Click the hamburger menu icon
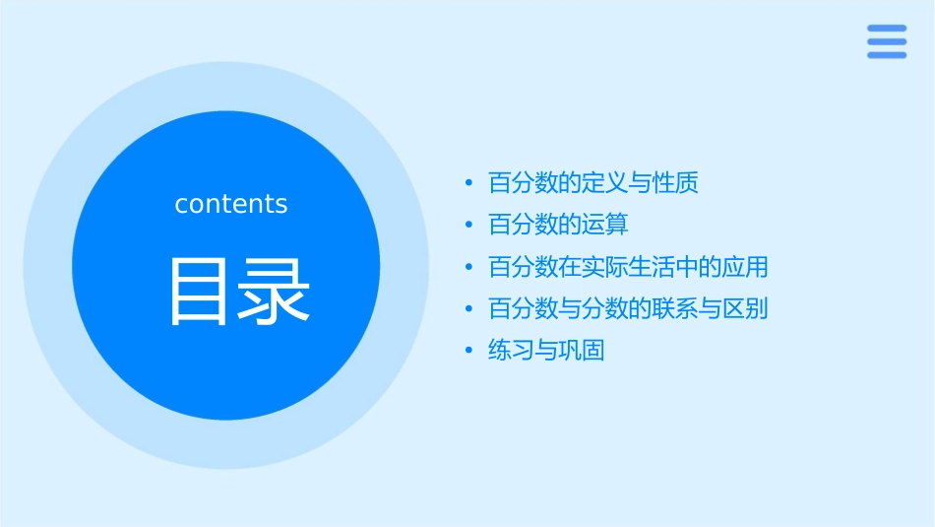(887, 41)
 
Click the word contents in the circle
(231, 204)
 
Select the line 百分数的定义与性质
(592, 183)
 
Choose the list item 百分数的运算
(558, 225)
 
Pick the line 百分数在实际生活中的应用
(628, 267)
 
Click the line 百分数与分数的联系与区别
(628, 309)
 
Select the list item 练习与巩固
(546, 351)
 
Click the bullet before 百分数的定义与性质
(469, 183)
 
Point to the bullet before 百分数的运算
(469, 226)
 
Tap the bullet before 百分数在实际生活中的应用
(469, 267)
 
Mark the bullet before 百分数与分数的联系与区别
(469, 309)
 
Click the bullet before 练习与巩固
(469, 351)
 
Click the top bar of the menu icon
(887, 29)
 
